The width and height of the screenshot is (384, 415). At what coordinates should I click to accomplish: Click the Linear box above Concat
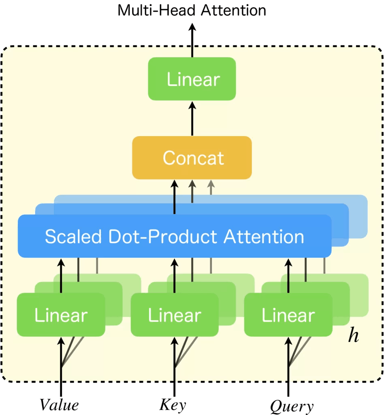tap(192, 79)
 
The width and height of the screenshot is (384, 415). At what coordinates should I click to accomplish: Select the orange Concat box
tap(192, 158)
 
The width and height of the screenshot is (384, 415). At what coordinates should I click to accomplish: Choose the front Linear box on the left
tap(61, 315)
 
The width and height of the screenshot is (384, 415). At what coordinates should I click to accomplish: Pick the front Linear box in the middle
tap(175, 315)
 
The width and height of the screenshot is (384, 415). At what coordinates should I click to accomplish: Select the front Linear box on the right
tap(288, 315)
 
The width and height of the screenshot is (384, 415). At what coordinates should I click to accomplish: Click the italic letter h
tap(353, 336)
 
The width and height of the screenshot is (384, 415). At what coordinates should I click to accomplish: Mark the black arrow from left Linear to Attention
tap(61, 276)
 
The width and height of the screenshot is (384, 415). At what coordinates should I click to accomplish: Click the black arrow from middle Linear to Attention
tap(175, 276)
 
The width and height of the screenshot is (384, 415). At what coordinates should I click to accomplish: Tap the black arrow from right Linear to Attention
tap(288, 276)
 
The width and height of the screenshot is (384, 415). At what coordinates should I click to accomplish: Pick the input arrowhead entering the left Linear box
tap(61, 343)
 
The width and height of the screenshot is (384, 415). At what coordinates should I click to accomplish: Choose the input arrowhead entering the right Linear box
tap(288, 343)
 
